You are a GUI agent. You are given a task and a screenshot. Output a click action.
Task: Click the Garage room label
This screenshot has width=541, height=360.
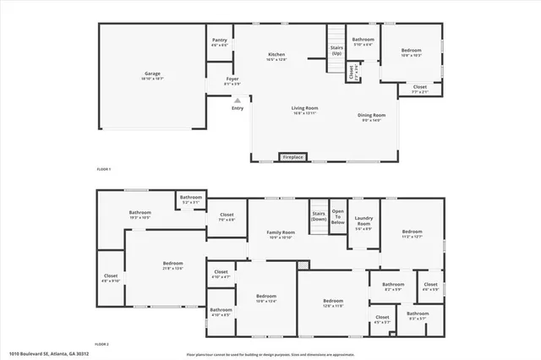coord(152,74)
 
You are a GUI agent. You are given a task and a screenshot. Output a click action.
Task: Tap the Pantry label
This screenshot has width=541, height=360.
coord(220,40)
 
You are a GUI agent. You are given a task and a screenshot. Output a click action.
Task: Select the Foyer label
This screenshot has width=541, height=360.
coord(232,81)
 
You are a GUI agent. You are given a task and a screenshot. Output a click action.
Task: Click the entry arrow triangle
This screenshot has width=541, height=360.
coord(237,100)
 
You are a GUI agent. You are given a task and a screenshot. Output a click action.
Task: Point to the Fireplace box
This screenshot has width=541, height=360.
coord(293,157)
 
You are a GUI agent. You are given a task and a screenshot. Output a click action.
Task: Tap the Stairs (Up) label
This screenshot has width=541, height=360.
coord(336,50)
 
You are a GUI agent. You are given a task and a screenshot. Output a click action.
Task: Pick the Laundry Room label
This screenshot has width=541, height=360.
coord(363,224)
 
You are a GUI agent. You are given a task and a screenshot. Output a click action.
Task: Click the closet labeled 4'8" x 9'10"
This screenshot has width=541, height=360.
coord(111,276)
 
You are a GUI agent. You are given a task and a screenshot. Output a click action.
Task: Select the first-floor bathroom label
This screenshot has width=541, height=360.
coord(363,40)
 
